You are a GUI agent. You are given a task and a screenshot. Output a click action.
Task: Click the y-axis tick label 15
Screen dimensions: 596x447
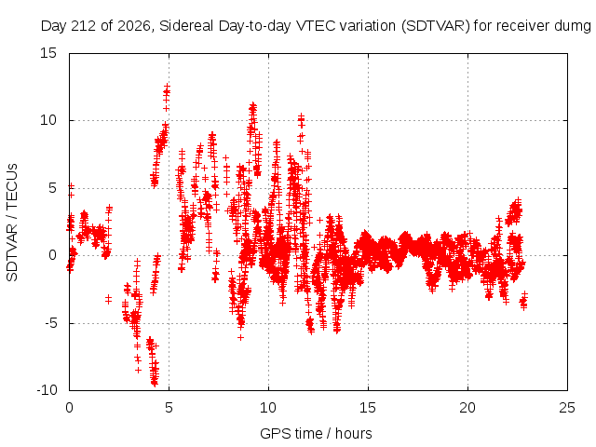[x=48, y=53]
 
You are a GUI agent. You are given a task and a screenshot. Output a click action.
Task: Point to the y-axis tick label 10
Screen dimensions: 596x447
[x=48, y=120]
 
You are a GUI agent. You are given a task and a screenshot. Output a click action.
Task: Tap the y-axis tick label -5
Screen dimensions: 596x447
[x=50, y=323]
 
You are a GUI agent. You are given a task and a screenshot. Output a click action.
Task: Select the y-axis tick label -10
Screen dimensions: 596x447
[x=47, y=390]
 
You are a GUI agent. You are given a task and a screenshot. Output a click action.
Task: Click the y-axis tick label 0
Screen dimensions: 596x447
[x=52, y=255]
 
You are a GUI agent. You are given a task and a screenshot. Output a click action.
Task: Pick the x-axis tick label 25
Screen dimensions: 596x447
[x=567, y=408]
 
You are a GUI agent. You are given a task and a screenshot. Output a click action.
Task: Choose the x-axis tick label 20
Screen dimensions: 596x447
[x=467, y=408]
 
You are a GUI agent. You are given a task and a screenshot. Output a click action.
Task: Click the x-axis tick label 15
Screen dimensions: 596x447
[x=368, y=408]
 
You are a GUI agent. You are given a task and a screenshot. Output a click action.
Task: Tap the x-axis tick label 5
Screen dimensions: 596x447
[x=169, y=408]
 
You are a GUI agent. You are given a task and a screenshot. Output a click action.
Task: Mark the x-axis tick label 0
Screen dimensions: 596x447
[x=69, y=408]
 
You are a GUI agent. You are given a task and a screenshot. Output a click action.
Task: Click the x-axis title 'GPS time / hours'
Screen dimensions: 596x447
[x=316, y=433]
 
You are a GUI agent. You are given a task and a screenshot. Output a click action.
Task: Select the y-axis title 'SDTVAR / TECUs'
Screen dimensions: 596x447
[x=12, y=223]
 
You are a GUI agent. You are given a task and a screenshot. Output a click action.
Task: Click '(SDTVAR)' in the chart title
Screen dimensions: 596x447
[x=436, y=26]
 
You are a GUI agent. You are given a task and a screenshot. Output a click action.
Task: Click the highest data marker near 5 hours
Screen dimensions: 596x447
[x=167, y=87]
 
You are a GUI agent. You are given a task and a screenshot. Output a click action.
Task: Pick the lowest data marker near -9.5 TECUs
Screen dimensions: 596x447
[x=155, y=384]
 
